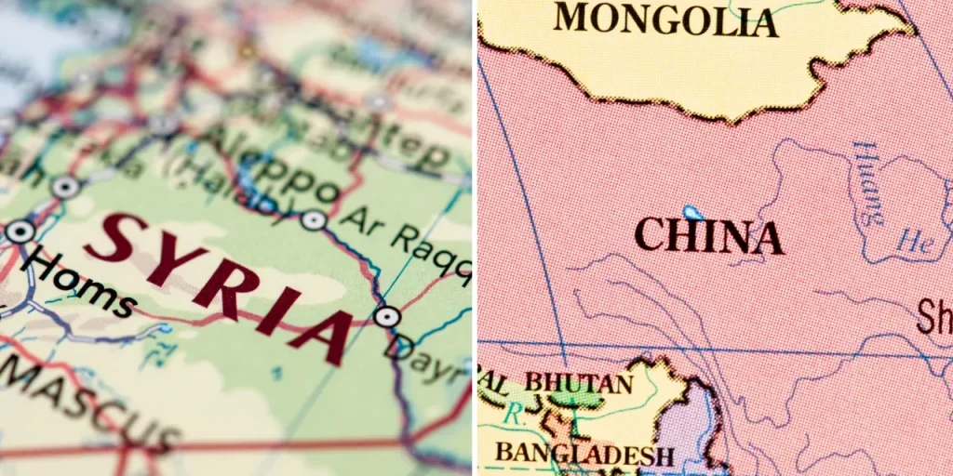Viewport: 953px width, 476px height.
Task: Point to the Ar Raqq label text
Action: (404, 245)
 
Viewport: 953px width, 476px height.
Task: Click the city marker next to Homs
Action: (20, 231)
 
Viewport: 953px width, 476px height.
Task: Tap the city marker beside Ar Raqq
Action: (314, 219)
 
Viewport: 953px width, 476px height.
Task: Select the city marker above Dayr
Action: (386, 316)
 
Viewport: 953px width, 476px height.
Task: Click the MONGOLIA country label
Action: (665, 19)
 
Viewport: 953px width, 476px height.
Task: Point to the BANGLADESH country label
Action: (584, 454)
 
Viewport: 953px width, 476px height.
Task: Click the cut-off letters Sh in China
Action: (934, 316)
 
